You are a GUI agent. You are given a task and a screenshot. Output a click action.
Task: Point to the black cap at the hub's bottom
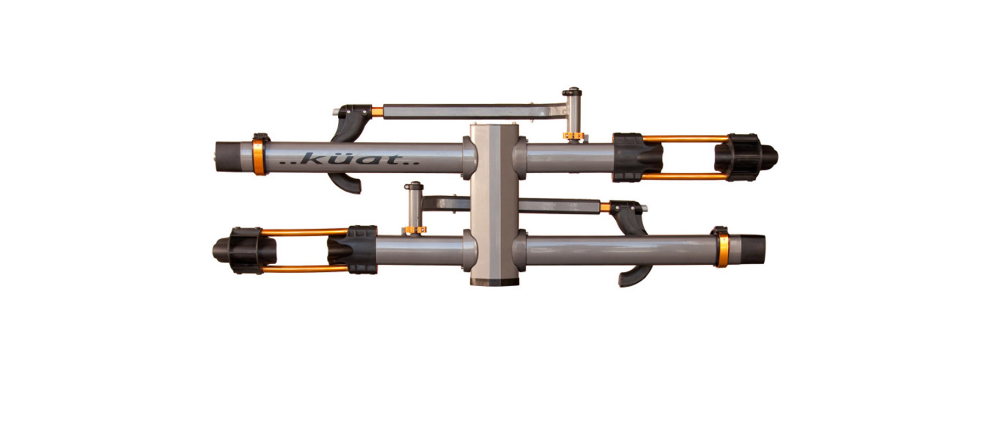coord(494,281)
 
